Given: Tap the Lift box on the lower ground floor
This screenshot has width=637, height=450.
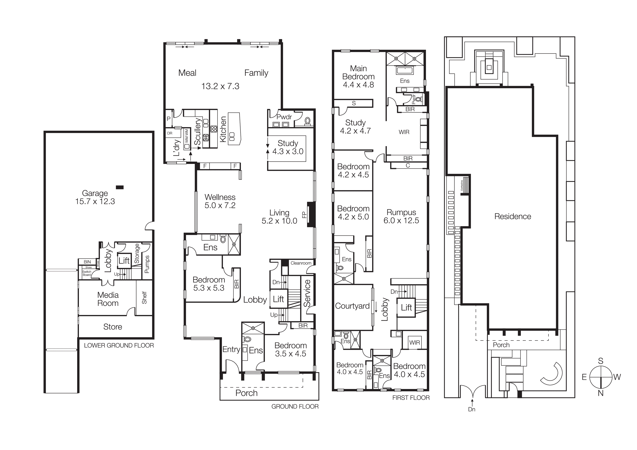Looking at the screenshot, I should pos(124,261).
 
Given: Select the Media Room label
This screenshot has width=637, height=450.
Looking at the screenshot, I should pos(108,299).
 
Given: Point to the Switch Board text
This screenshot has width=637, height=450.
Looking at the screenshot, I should pos(87,273).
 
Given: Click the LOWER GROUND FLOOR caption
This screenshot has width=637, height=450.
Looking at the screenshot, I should pos(119,345).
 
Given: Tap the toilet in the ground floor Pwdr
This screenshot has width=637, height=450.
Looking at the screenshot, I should pos(307,121).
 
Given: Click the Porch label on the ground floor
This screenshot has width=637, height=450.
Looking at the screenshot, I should pos(246,393).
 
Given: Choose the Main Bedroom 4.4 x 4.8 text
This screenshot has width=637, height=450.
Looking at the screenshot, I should pos(358,77).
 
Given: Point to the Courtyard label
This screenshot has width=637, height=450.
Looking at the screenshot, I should pos(352,306).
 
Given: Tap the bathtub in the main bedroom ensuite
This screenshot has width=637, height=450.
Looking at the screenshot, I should pos(405,70).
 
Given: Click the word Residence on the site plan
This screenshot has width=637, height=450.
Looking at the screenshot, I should pos(513,217).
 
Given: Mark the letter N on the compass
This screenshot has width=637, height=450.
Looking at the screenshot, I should pos(601,393).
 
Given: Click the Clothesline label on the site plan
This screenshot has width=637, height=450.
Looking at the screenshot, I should pos(462,186).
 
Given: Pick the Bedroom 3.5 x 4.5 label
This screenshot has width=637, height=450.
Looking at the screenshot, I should pos(291,350).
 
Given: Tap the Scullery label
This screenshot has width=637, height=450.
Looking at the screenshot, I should pos(197,131).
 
